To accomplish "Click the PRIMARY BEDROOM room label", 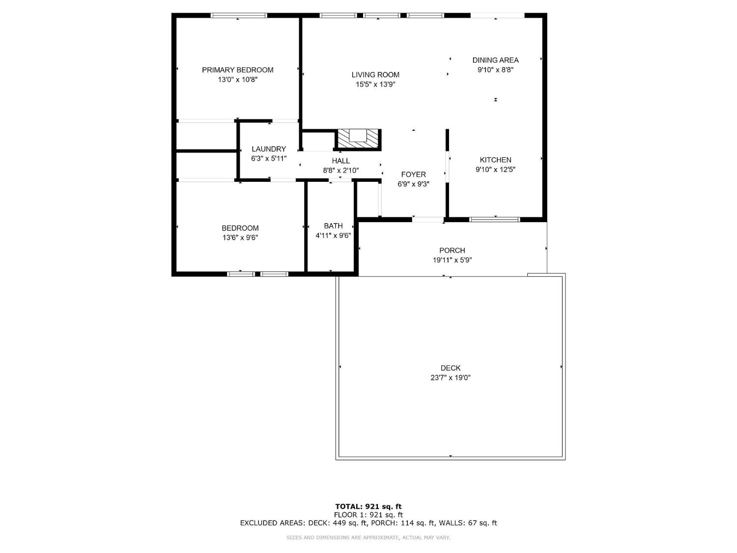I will (237, 70).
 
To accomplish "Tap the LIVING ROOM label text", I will (375, 75).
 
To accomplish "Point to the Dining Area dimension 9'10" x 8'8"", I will (495, 70).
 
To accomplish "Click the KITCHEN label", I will (495, 160).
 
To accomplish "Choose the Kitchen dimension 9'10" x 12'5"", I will (495, 170).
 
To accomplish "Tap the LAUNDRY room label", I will (269, 149).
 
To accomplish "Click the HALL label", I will (340, 161).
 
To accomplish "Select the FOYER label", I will (413, 175).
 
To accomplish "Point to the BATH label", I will (333, 226).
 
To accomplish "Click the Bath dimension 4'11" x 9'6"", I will (333, 235).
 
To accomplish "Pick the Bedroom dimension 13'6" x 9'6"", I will (240, 238).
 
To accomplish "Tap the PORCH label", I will (452, 250).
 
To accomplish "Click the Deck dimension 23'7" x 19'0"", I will (451, 378).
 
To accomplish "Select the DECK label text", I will (451, 368).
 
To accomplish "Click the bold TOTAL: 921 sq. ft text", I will (368, 506).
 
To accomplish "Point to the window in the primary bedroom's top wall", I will (239, 16).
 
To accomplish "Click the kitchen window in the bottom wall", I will (494, 219).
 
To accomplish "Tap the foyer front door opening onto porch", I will (428, 219).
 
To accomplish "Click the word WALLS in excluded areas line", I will (452, 523).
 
